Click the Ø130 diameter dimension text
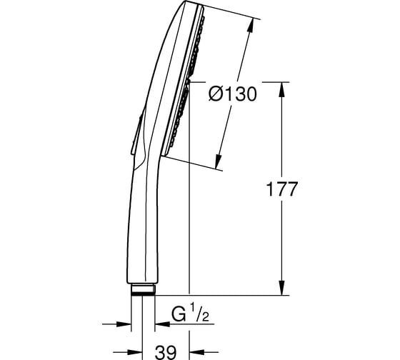coord(232,94)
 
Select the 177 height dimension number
coord(281,189)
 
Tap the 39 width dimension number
coord(166,353)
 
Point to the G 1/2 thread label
coord(190,314)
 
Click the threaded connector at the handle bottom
coord(143,289)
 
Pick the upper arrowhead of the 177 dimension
coord(281,89)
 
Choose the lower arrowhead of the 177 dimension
coord(281,288)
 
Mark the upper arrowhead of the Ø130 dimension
coord(251,25)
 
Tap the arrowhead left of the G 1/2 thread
coord(124,324)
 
